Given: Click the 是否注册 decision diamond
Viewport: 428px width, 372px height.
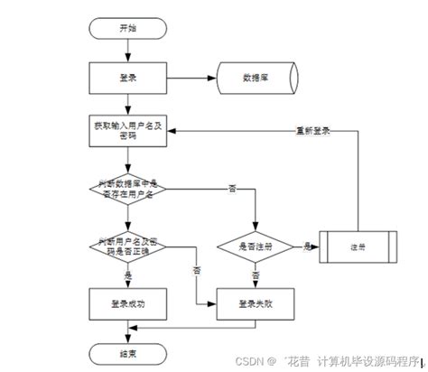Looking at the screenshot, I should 256,246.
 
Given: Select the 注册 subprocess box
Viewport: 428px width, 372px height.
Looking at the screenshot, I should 358,246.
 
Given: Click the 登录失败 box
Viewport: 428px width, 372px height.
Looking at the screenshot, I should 256,304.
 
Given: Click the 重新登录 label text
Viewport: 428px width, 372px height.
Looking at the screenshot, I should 312,130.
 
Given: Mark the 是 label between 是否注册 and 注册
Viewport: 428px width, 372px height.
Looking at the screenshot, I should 307,246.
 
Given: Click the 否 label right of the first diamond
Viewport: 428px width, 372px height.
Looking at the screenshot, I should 231,188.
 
